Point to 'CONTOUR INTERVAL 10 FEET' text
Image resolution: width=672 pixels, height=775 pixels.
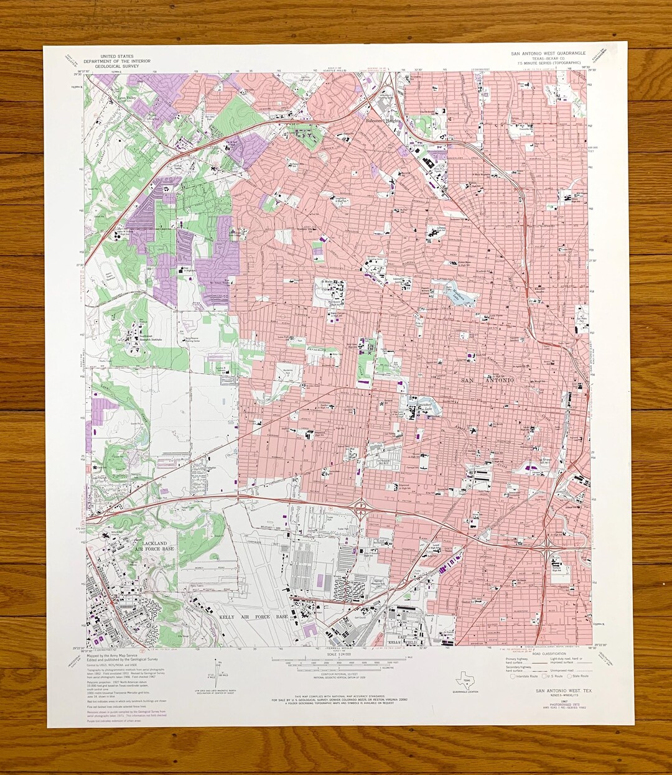point(336,674)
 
